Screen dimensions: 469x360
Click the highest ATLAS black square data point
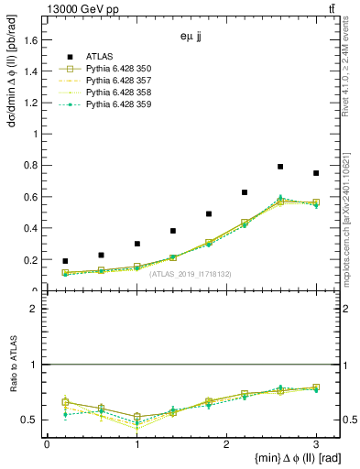point(280,167)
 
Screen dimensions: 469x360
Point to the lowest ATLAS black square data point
point(64,261)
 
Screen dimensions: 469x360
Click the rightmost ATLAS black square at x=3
point(316,173)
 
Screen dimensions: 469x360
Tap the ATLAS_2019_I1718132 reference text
point(191,274)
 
